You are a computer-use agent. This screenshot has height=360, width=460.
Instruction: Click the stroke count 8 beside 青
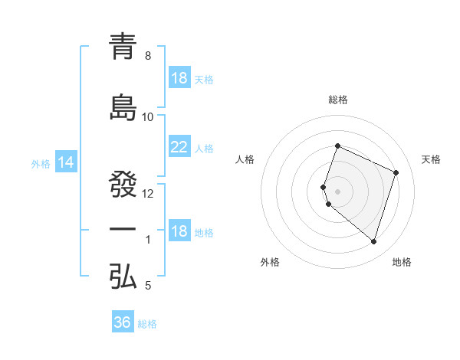(x=148, y=56)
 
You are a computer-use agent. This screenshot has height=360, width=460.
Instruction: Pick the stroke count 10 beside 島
(x=148, y=117)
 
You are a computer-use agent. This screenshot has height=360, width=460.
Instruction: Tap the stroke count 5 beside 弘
(x=148, y=286)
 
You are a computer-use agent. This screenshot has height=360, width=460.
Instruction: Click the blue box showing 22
(x=179, y=147)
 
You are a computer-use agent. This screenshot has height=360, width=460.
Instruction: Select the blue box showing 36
(x=122, y=322)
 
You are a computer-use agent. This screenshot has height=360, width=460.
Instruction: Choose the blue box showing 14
(x=65, y=162)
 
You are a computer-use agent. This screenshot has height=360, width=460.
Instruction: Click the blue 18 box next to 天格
(x=179, y=78)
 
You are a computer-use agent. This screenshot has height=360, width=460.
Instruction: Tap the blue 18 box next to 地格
(x=179, y=231)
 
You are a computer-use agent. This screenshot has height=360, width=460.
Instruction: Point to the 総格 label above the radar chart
(x=338, y=100)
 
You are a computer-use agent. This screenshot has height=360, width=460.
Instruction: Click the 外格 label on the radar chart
(x=270, y=262)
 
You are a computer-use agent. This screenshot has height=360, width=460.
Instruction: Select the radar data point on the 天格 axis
(x=396, y=172)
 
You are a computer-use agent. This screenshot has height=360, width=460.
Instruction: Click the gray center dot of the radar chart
(x=338, y=191)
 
